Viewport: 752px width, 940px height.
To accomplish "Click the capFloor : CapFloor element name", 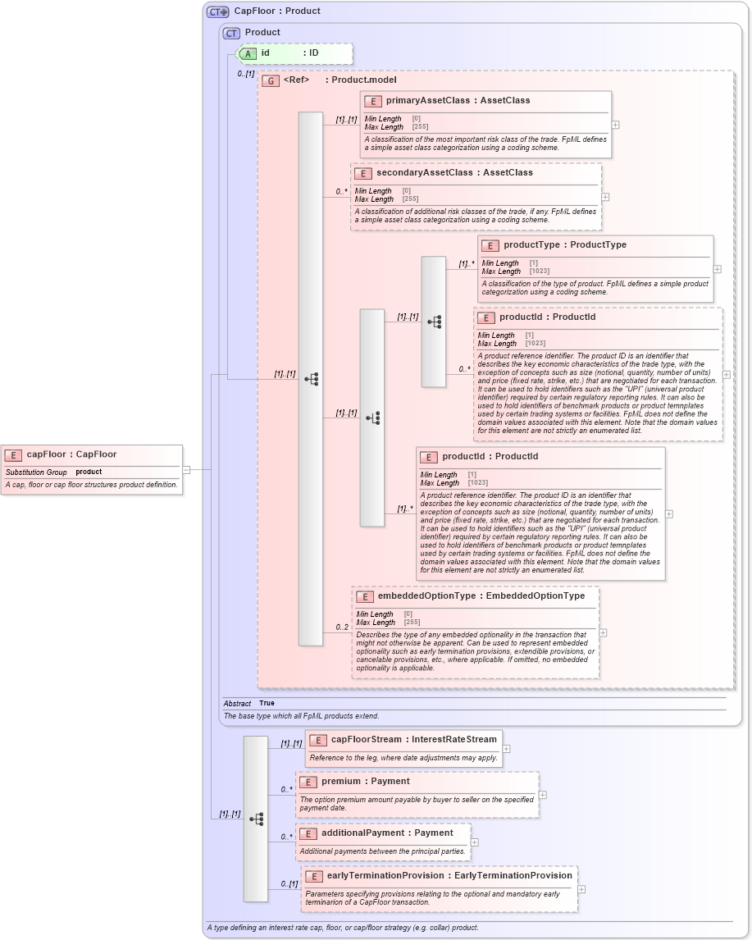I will click(71, 454).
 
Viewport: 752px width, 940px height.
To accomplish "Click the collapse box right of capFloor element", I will click(186, 470).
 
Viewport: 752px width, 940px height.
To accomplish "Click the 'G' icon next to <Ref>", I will click(271, 80).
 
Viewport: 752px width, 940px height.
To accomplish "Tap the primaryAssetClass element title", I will click(458, 101).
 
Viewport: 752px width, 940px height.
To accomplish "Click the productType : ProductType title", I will click(564, 245).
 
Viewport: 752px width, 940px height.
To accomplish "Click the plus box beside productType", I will click(717, 269).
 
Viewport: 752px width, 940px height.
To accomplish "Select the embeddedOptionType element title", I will click(481, 596).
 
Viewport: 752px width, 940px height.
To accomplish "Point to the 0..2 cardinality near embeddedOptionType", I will click(341, 627).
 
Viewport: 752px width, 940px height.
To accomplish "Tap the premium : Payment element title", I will click(365, 782).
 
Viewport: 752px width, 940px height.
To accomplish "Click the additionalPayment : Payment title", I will click(387, 833).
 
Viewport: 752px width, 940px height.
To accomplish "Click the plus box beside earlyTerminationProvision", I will click(581, 889).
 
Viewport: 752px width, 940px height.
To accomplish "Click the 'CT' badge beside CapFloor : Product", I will click(217, 11).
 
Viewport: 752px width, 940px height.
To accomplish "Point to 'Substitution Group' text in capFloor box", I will click(36, 472).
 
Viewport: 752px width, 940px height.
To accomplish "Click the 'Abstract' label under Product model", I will click(237, 704).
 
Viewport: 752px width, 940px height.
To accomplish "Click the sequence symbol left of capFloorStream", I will click(256, 819).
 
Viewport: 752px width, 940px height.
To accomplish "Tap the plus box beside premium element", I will click(543, 795).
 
